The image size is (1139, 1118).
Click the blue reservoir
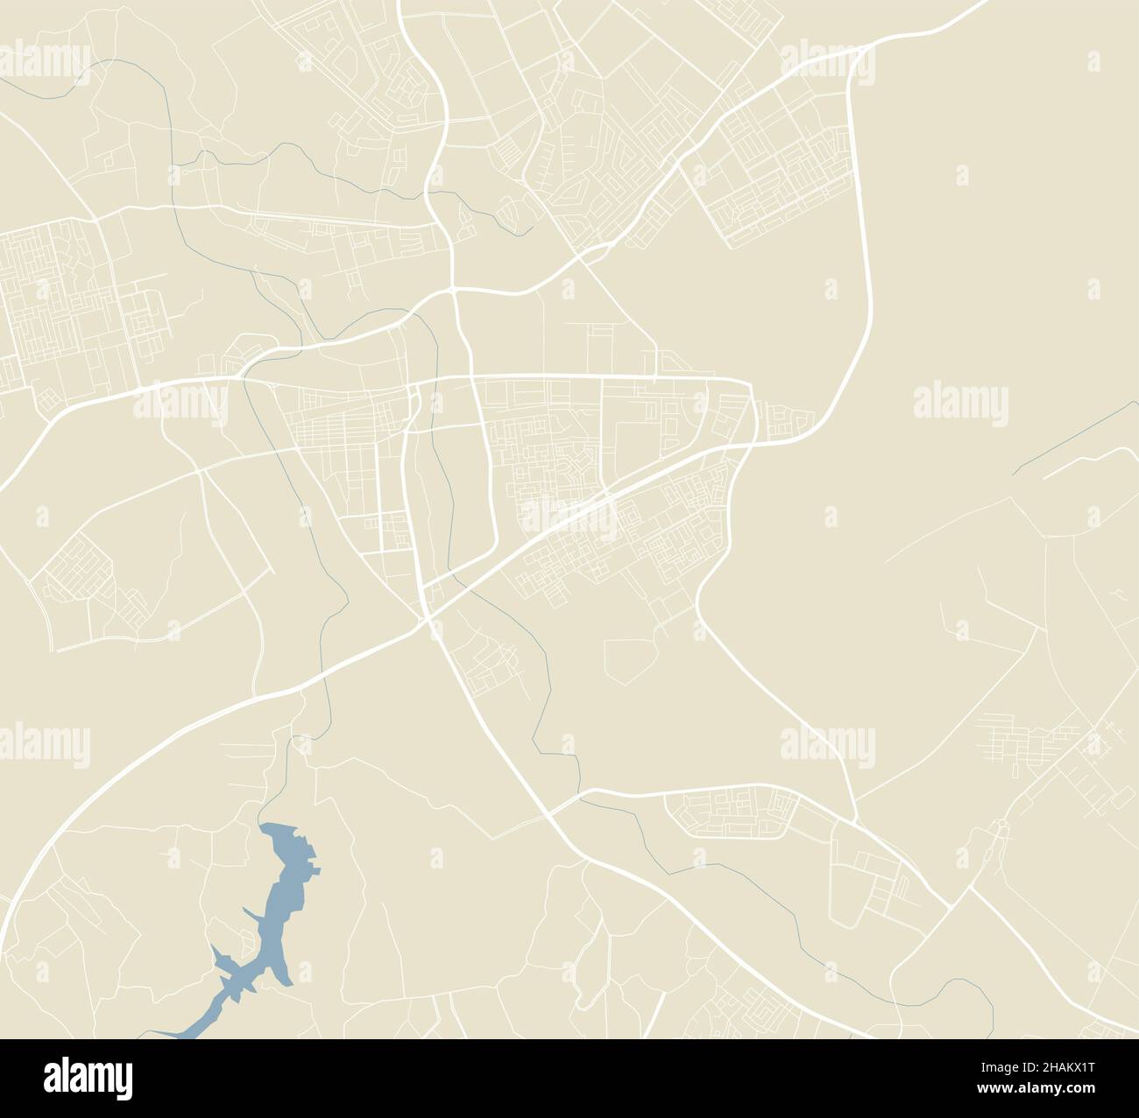point(280,911)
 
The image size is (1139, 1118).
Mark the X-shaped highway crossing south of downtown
point(427,617)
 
